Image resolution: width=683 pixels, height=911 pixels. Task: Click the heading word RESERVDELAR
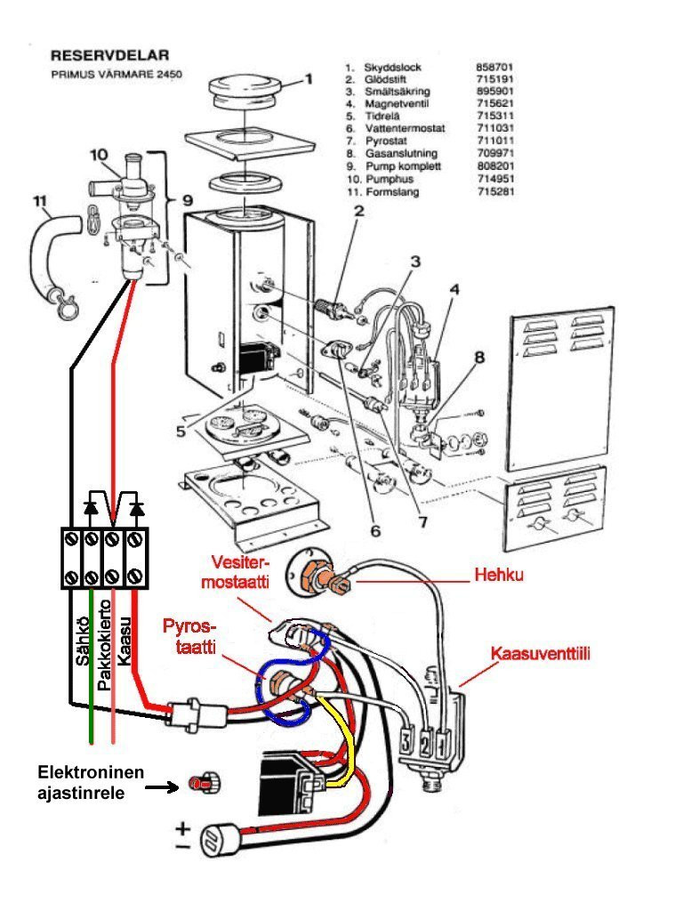pos(110,56)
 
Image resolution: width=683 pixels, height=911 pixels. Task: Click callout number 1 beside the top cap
pos(309,79)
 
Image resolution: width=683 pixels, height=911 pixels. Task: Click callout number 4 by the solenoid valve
pos(454,289)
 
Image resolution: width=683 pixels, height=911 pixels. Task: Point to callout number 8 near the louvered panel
pos(479,359)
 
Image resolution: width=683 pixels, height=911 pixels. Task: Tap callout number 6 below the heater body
pos(374,531)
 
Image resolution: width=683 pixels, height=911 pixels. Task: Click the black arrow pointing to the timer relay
pos(165,786)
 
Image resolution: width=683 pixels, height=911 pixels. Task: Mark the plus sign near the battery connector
pos(182,828)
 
